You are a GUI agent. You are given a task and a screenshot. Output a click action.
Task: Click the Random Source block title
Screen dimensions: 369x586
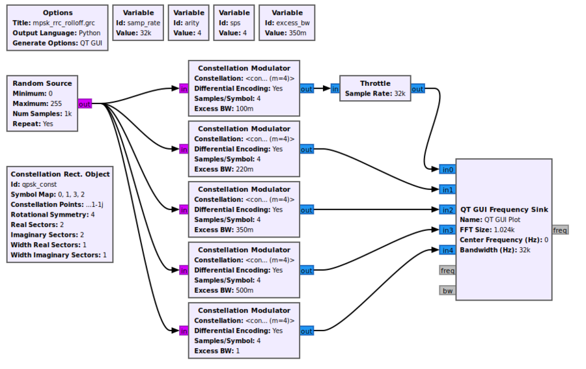42,83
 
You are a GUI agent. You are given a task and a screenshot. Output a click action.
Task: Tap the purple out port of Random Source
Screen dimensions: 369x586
85,103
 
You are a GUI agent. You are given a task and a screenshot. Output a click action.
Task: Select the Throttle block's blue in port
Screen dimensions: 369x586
335,89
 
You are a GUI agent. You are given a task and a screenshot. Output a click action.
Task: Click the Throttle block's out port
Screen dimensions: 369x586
417,89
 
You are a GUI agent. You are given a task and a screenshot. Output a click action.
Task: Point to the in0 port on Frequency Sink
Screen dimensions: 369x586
447,169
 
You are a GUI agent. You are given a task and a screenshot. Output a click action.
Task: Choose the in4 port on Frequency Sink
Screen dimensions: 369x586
447,250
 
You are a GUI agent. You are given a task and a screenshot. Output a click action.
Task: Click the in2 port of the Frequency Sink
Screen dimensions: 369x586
447,210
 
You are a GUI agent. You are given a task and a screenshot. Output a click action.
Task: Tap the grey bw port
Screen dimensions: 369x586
447,290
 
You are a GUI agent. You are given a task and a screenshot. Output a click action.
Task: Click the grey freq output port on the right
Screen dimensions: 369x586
560,230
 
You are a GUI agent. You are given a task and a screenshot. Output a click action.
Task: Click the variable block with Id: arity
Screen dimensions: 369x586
189,23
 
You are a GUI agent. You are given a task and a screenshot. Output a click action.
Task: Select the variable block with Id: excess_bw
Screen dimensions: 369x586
286,23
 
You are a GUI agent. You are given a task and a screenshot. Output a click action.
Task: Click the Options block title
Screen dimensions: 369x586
58,12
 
